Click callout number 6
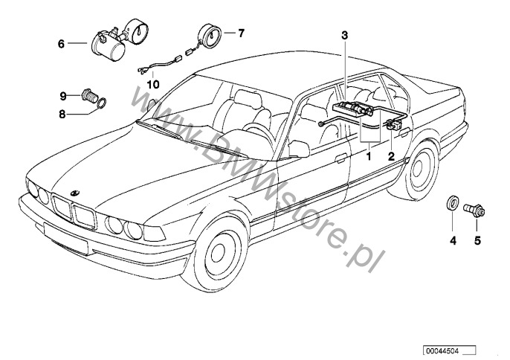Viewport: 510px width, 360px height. point(62,44)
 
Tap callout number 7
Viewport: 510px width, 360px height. point(240,33)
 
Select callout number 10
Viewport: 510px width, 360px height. point(153,84)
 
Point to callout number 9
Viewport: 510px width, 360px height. point(64,95)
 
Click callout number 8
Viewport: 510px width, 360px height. point(62,114)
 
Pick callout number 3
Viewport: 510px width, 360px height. point(344,35)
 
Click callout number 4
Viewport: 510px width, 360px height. point(451,240)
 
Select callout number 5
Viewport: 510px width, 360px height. point(478,240)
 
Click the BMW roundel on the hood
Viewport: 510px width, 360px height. point(75,192)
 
